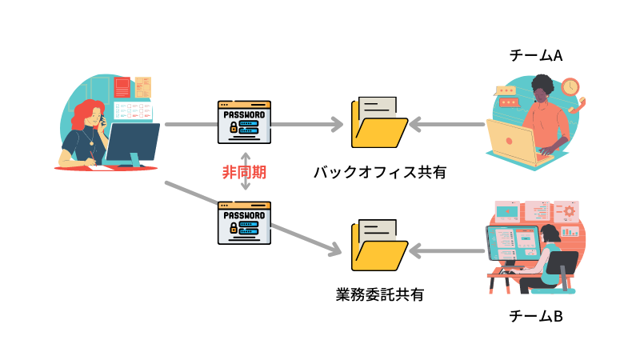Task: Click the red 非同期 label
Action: click(x=245, y=171)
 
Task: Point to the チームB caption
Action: click(x=537, y=316)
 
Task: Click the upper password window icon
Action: click(x=245, y=122)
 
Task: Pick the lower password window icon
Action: click(x=245, y=222)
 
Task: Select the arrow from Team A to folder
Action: click(x=448, y=125)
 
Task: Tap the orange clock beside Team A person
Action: click(x=570, y=86)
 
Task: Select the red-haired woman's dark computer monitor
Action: click(x=132, y=144)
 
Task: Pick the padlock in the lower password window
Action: click(x=234, y=228)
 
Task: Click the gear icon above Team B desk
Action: click(x=570, y=212)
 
